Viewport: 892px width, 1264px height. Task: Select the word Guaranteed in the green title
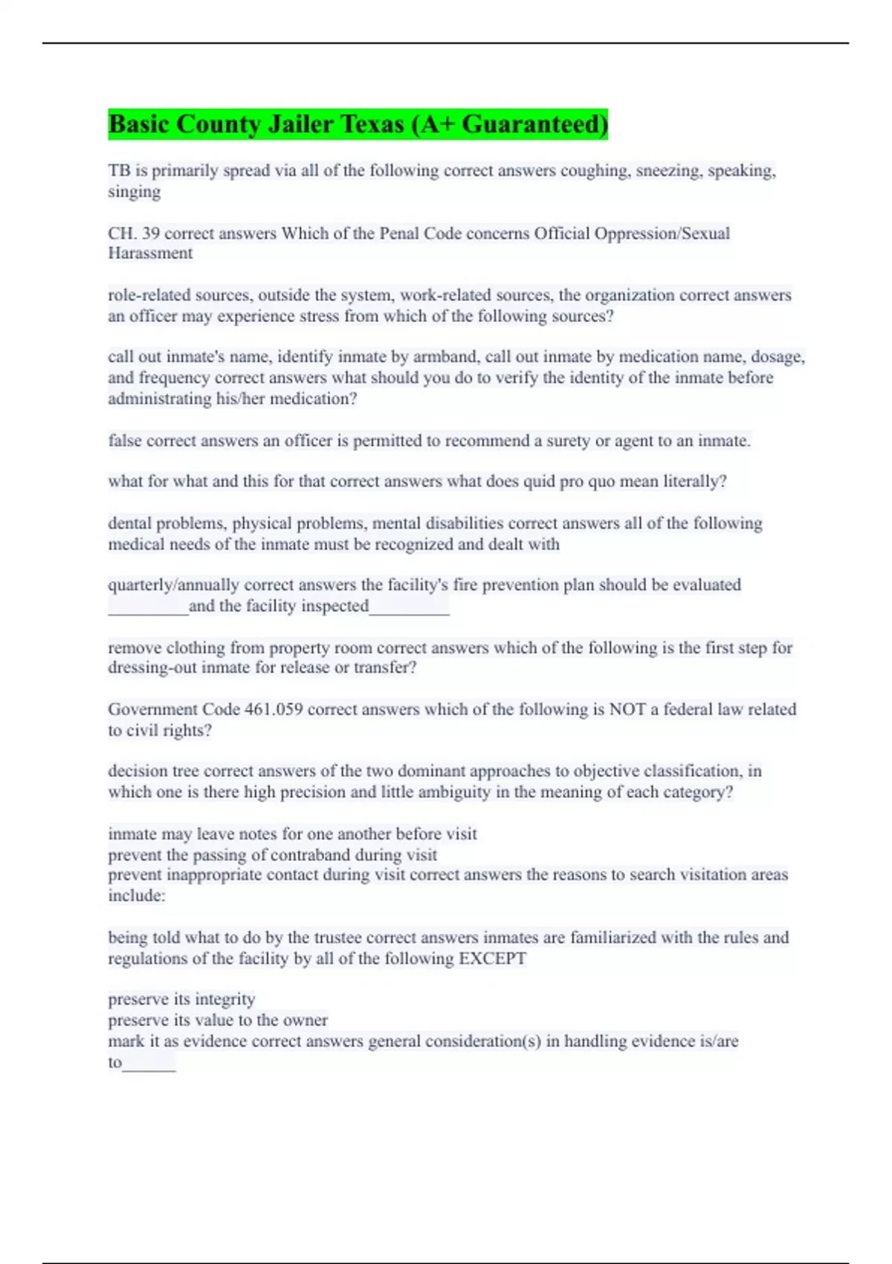[x=534, y=123]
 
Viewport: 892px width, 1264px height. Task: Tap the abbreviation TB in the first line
[x=119, y=171]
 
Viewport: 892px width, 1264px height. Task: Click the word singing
[x=134, y=192]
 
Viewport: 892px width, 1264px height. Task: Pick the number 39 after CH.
[x=151, y=233]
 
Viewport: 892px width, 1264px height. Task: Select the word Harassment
[x=150, y=254]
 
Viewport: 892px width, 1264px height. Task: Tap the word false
[x=125, y=441]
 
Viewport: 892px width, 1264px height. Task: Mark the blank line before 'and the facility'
[x=148, y=611]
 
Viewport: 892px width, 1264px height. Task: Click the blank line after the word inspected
[x=409, y=611]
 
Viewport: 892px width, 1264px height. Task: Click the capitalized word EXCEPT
[x=492, y=958]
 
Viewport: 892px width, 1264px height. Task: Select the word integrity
[x=224, y=999]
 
